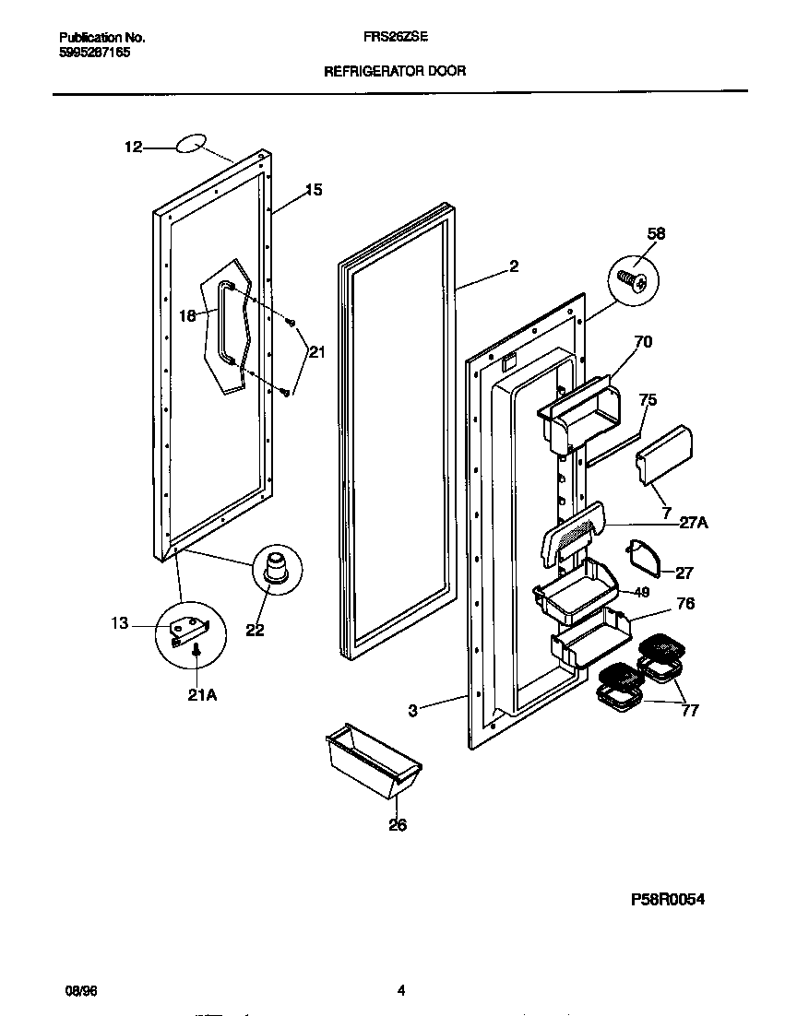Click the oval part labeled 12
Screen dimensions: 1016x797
coord(189,143)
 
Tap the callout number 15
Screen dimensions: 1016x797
coord(314,190)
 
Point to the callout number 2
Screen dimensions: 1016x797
coord(513,267)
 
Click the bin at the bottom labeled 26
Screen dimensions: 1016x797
coord(373,762)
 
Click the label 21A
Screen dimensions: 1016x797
coord(202,695)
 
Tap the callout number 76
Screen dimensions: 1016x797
coord(685,604)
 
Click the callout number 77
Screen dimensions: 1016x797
coord(689,710)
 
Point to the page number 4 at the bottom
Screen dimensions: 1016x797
coord(400,990)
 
